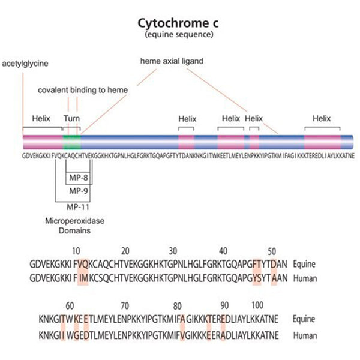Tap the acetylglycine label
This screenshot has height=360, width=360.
coord(25,63)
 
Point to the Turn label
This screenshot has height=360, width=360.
coord(71,119)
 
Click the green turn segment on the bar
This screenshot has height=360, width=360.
coord(71,143)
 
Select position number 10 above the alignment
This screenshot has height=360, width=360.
coord(76,251)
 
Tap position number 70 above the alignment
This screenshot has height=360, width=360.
coord(125,305)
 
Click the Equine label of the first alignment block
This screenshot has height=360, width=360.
coord(304,263)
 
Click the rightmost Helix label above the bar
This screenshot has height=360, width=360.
coord(322,119)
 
